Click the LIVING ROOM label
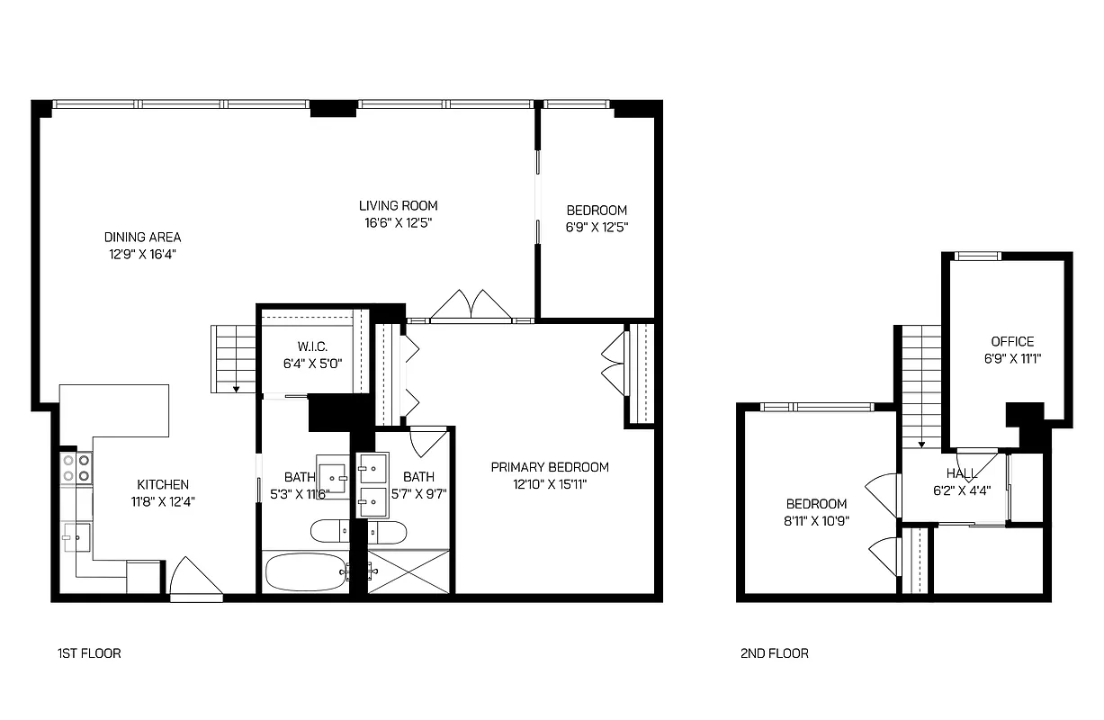coord(398,205)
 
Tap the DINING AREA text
coord(142,237)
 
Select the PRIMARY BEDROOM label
coord(549,466)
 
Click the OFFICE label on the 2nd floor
coord(1012,341)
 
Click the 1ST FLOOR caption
coord(88,653)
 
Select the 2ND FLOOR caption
coord(774,653)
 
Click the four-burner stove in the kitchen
coord(76,467)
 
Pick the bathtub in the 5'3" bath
coord(305,571)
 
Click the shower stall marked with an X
coord(408,571)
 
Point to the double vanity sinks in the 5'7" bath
coord(372,485)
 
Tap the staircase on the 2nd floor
coord(921,387)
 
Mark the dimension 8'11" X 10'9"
coord(817,520)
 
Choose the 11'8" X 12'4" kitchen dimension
coord(162,500)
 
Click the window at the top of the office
coord(977,256)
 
